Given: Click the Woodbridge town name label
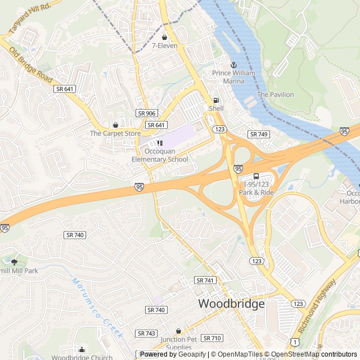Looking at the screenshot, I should point(231,304).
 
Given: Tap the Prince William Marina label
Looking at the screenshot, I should point(233,77).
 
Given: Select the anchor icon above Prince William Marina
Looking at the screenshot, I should point(234,65).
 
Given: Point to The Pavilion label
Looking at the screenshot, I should point(275,94).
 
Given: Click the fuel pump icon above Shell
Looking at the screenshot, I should point(216,100).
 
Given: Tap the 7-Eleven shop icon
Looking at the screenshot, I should point(164,37).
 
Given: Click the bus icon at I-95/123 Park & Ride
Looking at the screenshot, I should point(256,177).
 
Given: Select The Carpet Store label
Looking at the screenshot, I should point(115,133).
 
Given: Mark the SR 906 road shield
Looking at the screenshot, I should point(146,113).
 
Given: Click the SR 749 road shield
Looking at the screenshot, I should point(259,134).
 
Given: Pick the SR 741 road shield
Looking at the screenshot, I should point(205,280).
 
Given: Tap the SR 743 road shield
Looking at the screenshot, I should point(147,334).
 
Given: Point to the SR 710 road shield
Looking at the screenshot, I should point(212,338).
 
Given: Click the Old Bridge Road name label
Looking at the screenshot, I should point(31,63).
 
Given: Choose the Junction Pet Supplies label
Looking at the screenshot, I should point(179,343).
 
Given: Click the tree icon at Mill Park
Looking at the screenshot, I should point(14,262).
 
